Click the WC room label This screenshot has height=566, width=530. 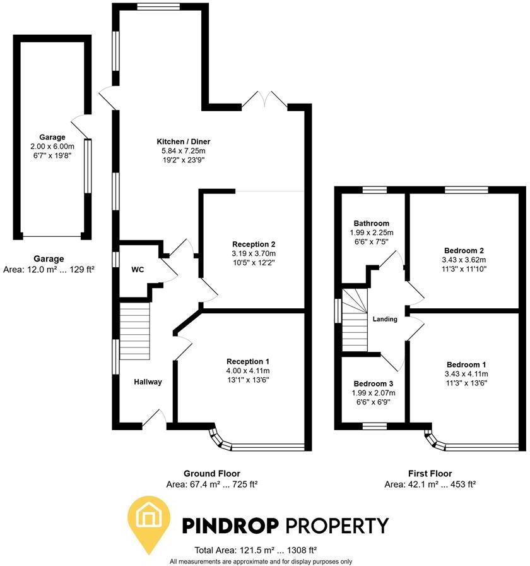pos(138,270)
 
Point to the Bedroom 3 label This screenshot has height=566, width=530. pos(369,384)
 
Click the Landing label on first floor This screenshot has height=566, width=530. pos(385,319)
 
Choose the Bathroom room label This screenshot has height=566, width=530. pos(371,223)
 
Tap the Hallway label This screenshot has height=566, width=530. pos(148,382)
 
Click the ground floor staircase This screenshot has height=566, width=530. pos(135,330)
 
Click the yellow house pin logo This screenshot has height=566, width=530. pos(150,520)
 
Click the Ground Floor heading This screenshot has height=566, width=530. pos(212,474)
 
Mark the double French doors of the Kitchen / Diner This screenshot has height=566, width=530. pos(266,100)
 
